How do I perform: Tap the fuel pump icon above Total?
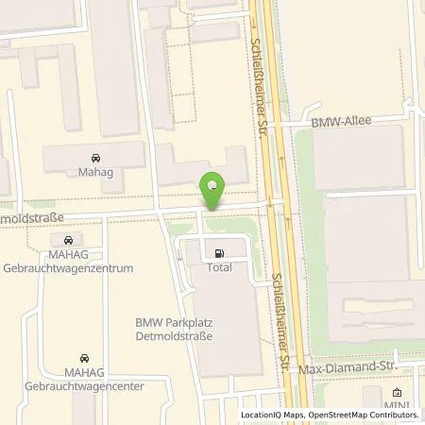[x=220, y=253]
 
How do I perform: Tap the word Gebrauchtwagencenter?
[x=82, y=385]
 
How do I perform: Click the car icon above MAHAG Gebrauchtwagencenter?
[x=83, y=359]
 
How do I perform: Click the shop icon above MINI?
[x=397, y=393]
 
